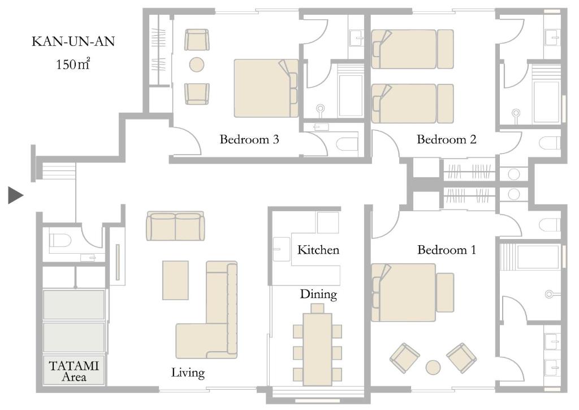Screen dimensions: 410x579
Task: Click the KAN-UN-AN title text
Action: pyautogui.click(x=74, y=42)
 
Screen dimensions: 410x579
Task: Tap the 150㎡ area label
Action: pyautogui.click(x=73, y=64)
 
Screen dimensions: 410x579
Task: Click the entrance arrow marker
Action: pyautogui.click(x=15, y=195)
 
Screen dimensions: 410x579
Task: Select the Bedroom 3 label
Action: pyautogui.click(x=249, y=139)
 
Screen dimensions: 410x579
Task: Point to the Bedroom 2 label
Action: pyautogui.click(x=446, y=139)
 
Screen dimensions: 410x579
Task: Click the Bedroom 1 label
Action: pyautogui.click(x=447, y=249)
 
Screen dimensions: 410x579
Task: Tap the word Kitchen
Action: pyautogui.click(x=318, y=249)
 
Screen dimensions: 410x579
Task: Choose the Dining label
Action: pyautogui.click(x=318, y=294)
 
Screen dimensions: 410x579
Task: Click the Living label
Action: pyautogui.click(x=188, y=373)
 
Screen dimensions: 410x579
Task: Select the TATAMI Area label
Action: pyautogui.click(x=74, y=370)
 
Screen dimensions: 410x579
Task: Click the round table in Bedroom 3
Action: pyautogui.click(x=197, y=65)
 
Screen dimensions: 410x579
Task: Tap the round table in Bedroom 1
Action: pyautogui.click(x=434, y=367)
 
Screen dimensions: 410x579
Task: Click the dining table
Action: pyautogui.click(x=317, y=345)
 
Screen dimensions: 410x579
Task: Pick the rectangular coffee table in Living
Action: pyautogui.click(x=175, y=280)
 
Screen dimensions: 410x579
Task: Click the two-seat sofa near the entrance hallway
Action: pyautogui.click(x=175, y=226)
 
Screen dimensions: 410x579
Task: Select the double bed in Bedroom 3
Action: pyautogui.click(x=266, y=88)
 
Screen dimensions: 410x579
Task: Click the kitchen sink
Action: pyautogui.click(x=281, y=248)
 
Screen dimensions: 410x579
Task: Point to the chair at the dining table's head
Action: pyautogui.click(x=317, y=308)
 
